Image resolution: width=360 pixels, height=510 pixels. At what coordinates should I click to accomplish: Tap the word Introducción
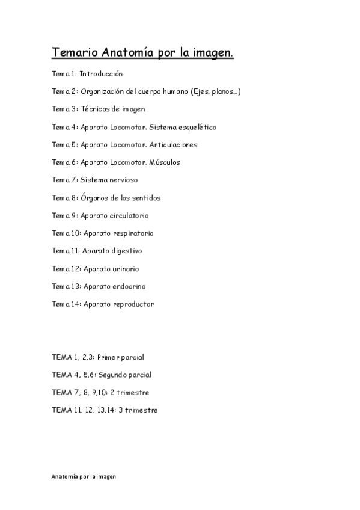(x=101, y=74)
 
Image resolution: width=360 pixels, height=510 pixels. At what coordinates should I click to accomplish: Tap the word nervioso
(x=124, y=180)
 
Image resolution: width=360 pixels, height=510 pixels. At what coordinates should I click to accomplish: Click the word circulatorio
(x=129, y=215)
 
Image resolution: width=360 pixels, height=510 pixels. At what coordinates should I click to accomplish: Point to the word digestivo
(x=127, y=251)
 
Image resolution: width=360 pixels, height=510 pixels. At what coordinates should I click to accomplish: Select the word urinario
(x=126, y=269)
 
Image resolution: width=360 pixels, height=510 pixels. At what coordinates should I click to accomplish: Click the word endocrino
(x=129, y=286)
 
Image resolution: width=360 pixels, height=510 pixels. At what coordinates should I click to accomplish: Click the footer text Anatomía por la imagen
(x=84, y=476)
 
